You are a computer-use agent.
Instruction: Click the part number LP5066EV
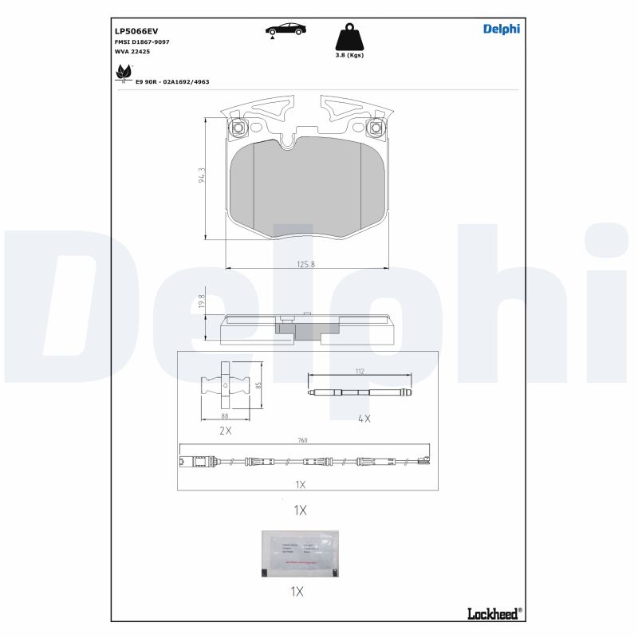tap(137, 30)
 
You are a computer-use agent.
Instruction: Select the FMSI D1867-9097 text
tap(142, 41)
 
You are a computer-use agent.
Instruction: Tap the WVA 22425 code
tap(132, 51)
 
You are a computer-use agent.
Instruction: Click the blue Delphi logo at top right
tap(502, 29)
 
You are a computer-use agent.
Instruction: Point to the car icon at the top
tap(285, 30)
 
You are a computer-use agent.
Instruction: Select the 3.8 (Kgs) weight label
tap(349, 56)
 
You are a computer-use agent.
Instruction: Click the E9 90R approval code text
tap(172, 82)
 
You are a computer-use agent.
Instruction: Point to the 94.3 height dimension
tap(202, 176)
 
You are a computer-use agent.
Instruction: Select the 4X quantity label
tap(364, 418)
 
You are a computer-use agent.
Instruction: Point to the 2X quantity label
tap(225, 430)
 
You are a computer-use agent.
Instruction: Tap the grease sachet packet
tap(300, 553)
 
